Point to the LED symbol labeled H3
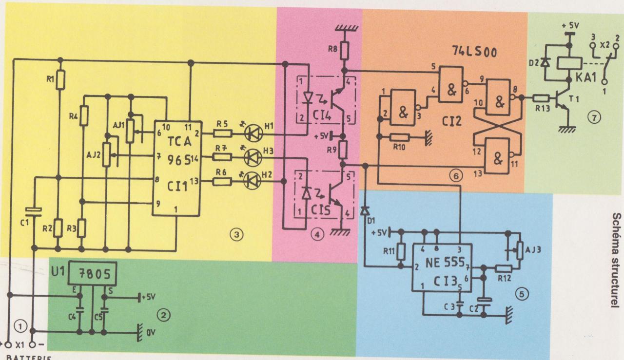[252, 156]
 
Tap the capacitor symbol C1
[34, 210]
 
